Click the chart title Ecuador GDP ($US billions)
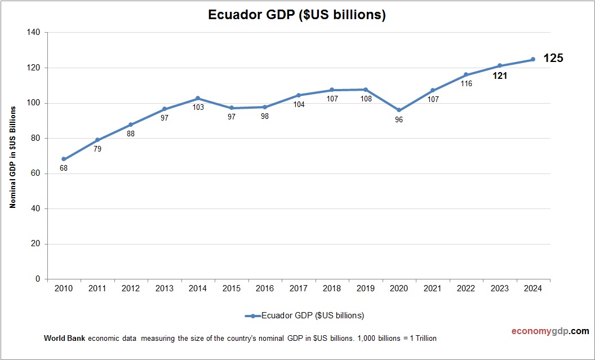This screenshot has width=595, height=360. pos(297,15)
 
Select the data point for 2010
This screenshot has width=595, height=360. pos(64,159)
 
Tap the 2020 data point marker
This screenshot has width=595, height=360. pos(399,110)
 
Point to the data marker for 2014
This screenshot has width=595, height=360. pos(198,98)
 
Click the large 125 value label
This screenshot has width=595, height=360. pos(553,58)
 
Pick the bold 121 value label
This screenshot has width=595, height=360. pos(500,75)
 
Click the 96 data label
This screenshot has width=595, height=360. pos(399,120)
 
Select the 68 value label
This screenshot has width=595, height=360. pos(64,168)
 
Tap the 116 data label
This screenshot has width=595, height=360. pos(466,83)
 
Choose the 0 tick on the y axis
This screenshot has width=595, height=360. pos(38,279)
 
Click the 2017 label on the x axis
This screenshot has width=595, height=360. pos(298,288)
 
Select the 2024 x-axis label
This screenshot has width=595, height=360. pos(533,288)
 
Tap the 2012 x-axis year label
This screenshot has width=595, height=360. pos(131,288)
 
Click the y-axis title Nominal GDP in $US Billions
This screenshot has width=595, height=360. pos(12,156)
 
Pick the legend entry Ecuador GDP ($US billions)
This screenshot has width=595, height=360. pos(304,315)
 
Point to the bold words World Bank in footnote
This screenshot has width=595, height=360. pos(64,339)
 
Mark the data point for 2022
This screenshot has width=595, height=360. pos(466,74)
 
